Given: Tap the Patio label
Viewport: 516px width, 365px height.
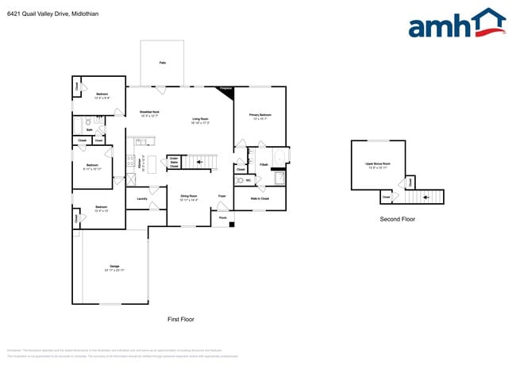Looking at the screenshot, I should click(x=162, y=62).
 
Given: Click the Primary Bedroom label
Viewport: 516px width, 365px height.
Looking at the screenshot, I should click(x=260, y=115).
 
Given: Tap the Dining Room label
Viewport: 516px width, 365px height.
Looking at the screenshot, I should click(x=188, y=195).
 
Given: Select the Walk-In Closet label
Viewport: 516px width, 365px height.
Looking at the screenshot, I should click(x=260, y=198).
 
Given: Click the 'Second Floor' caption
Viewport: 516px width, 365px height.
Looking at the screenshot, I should click(x=398, y=219).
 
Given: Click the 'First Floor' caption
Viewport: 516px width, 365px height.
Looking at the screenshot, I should click(x=180, y=319).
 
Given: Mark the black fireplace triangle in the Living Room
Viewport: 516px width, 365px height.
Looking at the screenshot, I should click(x=227, y=91).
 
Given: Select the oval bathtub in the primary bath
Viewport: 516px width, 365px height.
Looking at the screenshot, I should click(x=278, y=178).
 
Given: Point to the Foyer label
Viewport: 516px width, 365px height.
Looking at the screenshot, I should click(x=223, y=195).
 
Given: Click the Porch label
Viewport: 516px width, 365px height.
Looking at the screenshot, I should click(x=223, y=217).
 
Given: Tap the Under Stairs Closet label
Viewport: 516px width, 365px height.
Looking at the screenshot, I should click(x=173, y=162).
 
